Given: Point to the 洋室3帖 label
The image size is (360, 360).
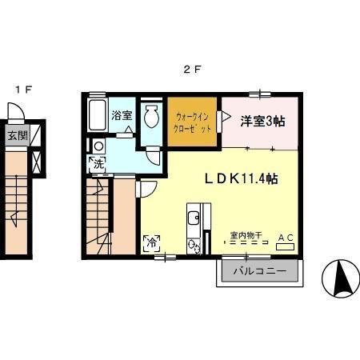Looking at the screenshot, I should [263, 121].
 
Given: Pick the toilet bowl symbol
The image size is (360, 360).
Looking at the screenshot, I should [151, 117].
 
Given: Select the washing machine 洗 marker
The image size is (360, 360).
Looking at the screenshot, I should [96, 165].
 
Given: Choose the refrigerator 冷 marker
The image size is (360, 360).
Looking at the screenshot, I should [150, 242].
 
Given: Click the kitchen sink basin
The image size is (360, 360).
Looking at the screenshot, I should [193, 218].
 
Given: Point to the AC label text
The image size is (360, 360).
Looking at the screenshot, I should [285, 238].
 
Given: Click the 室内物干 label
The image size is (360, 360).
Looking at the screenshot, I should [243, 236].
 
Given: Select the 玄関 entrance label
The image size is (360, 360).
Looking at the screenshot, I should [17, 135].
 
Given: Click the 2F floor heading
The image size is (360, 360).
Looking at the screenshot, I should [192, 69].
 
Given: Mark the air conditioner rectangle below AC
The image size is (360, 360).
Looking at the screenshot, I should [286, 247].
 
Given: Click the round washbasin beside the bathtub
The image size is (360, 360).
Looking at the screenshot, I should [98, 146].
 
